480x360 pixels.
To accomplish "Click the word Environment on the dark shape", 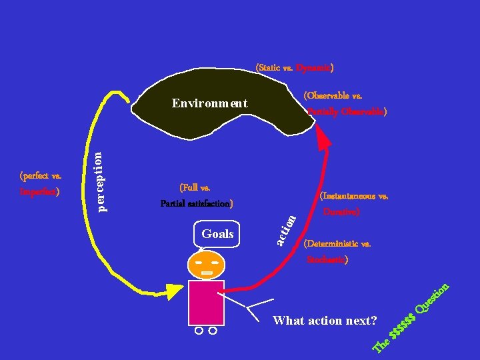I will click(209, 103).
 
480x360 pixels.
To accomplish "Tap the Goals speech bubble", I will click(217, 234).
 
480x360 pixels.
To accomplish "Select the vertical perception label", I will click(98, 181).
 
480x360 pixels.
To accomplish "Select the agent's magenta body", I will click(206, 303).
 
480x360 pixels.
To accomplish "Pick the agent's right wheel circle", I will click(213, 331).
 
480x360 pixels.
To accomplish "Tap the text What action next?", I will click(325, 321).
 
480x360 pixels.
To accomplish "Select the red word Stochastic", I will click(326, 259).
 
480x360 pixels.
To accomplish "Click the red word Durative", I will click(341, 212).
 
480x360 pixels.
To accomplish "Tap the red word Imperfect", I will click(39, 192).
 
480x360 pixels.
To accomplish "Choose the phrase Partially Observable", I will click(346, 112).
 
